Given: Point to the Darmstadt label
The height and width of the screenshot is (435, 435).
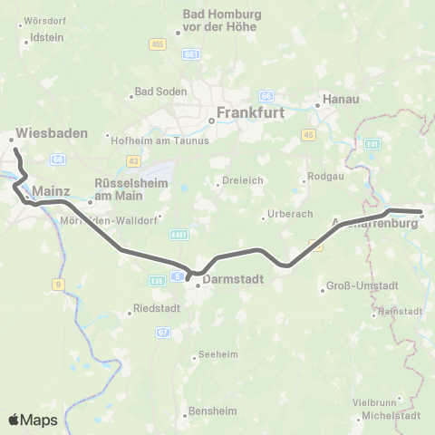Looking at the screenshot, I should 234,280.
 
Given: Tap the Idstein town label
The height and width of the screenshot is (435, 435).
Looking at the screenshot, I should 46,38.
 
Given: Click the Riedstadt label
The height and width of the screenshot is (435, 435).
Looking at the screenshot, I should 156,308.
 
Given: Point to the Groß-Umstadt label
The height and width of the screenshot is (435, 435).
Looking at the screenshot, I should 355,290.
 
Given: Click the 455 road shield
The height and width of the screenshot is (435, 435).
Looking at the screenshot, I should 159,43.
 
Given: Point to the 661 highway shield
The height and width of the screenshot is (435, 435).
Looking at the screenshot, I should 189,56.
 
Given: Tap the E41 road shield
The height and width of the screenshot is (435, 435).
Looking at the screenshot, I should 375,144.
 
